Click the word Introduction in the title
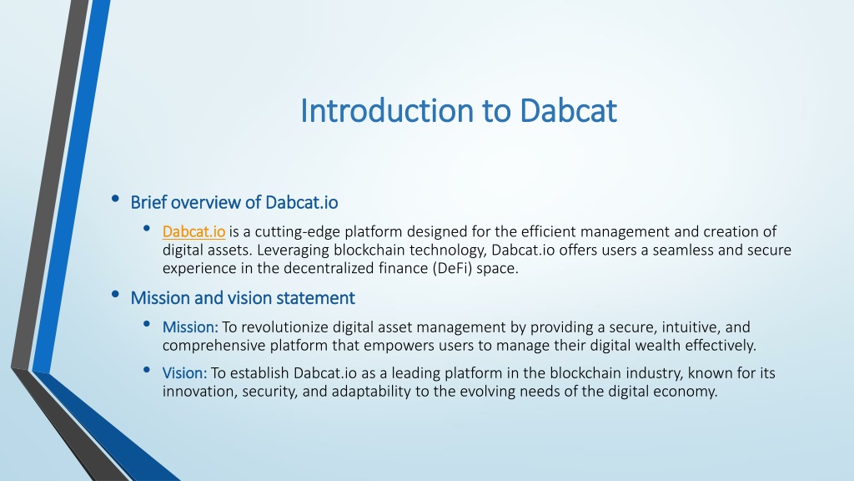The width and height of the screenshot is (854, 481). pyautogui.click(x=387, y=111)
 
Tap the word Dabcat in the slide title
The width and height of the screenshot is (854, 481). pyautogui.click(x=568, y=111)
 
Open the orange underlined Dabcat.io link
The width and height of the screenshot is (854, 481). pyautogui.click(x=193, y=232)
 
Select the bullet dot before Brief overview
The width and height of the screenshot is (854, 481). pyautogui.click(x=115, y=199)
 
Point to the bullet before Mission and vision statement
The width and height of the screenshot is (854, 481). pyautogui.click(x=115, y=295)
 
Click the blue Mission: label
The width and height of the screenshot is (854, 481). pyautogui.click(x=190, y=327)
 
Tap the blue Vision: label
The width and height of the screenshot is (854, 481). pyautogui.click(x=184, y=373)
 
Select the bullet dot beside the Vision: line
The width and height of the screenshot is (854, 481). pyautogui.click(x=147, y=370)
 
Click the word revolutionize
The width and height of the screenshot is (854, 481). pyautogui.click(x=285, y=327)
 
